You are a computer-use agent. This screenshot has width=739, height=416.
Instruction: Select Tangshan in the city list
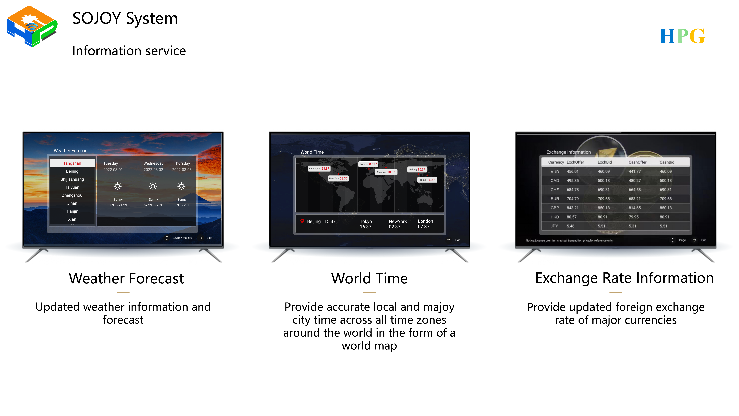[x=72, y=163]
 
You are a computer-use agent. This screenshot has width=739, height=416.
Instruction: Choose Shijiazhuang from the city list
[x=72, y=179]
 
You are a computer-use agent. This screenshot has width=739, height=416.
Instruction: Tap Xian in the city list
[x=72, y=219]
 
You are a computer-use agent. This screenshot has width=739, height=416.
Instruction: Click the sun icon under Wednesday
[x=153, y=186]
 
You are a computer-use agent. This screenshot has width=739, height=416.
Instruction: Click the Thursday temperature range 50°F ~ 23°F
[x=182, y=205]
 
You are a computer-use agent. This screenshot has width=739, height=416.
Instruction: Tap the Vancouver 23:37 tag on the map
[x=319, y=169]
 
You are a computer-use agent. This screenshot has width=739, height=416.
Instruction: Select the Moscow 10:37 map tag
[x=386, y=172]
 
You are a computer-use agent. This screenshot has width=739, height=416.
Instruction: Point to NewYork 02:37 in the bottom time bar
[x=398, y=224]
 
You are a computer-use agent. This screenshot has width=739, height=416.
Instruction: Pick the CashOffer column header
[x=637, y=162]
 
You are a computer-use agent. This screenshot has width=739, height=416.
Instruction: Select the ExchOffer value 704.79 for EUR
[x=573, y=199]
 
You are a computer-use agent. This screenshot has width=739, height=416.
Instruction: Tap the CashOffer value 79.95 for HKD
[x=634, y=217]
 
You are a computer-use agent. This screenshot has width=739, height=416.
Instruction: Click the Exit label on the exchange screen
[x=703, y=240]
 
